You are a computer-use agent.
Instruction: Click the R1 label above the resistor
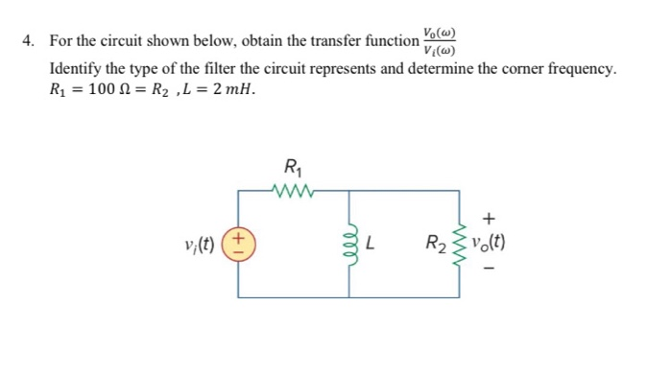click(294, 165)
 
